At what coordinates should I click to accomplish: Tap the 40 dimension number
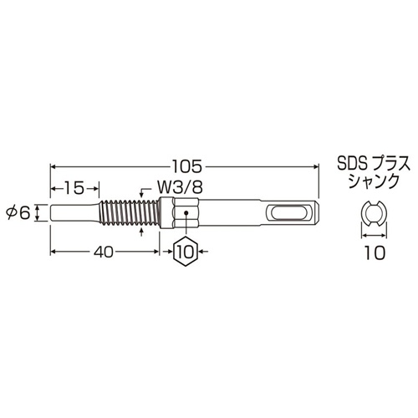click(104, 249)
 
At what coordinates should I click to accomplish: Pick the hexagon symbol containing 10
click(186, 249)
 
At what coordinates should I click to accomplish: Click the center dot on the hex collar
click(186, 213)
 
